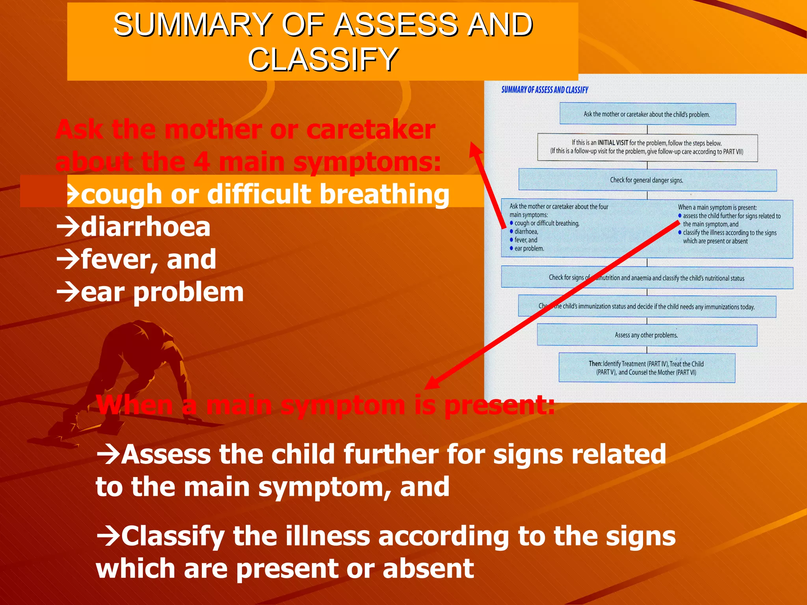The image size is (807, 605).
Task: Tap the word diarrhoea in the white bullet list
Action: (145, 227)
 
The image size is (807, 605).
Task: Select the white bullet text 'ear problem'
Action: (162, 292)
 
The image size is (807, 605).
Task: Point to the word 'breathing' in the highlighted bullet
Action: (384, 194)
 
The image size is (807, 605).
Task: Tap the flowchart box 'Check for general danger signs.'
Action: (647, 180)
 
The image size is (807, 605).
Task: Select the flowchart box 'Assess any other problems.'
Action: (646, 335)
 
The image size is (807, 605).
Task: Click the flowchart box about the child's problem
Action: (647, 114)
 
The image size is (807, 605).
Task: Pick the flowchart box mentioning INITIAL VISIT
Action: (647, 147)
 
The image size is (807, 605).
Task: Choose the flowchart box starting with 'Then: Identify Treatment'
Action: (646, 368)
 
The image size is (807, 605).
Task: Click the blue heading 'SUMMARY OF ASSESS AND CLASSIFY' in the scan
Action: (545, 90)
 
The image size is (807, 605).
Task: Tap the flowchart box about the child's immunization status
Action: (647, 306)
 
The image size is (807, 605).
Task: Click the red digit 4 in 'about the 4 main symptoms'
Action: (201, 162)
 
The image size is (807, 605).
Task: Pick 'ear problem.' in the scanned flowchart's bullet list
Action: (529, 249)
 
